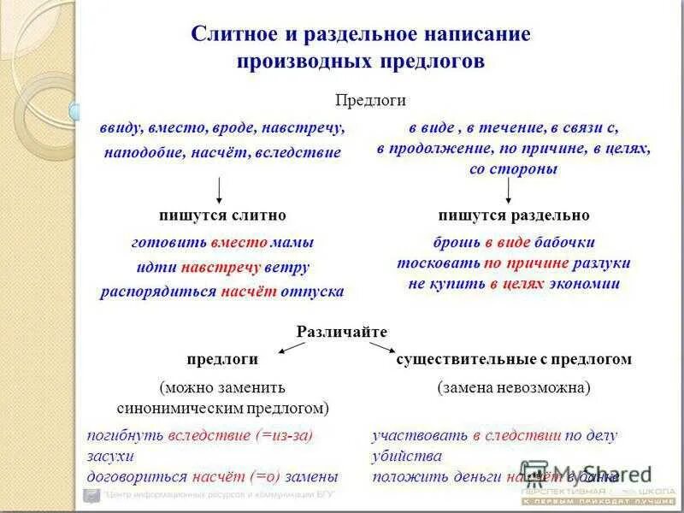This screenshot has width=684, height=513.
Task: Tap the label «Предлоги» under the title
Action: point(369,100)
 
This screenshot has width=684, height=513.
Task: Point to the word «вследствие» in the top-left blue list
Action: point(304,152)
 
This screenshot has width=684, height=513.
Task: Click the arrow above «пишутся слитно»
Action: point(220,189)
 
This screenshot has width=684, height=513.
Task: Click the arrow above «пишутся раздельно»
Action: point(514,189)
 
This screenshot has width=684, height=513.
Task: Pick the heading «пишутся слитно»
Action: point(222,215)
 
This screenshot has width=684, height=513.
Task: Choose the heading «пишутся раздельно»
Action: point(514,215)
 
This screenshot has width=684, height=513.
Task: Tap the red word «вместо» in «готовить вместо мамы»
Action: point(239,242)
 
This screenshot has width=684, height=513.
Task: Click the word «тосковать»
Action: point(439,262)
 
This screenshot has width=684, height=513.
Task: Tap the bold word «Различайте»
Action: point(342,331)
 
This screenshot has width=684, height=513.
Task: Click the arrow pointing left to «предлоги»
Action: point(292,347)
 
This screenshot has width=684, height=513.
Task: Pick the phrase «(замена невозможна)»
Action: point(514,387)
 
